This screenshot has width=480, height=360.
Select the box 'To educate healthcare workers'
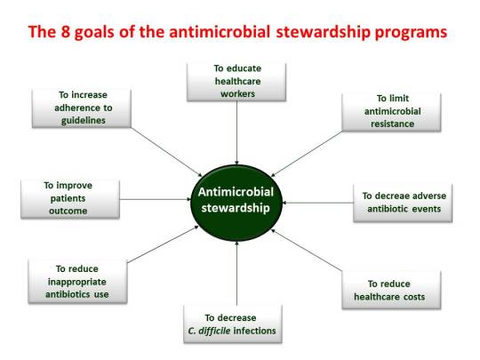tap(237, 81)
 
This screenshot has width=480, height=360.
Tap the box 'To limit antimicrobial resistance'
tap(392, 111)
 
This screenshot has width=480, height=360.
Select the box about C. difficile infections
tap(233, 324)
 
